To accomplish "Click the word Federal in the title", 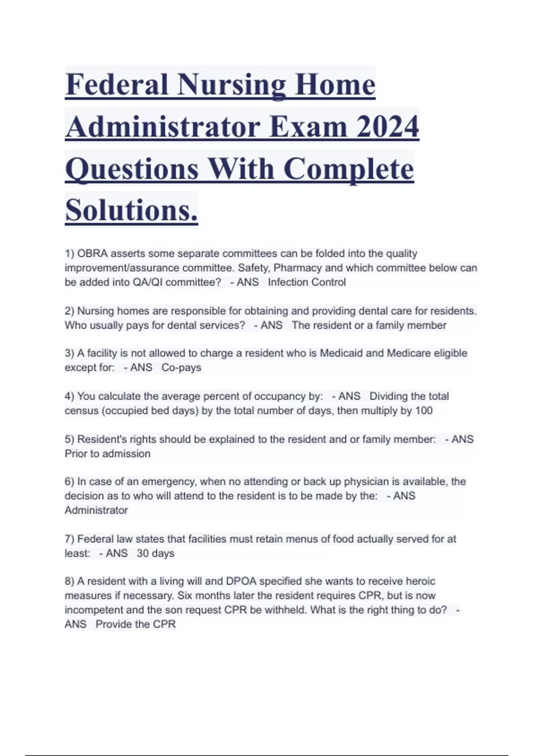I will pos(117,85).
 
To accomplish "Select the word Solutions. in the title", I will pos(131,210).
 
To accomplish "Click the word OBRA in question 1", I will pos(92,253).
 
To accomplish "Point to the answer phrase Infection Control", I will pos(307,282).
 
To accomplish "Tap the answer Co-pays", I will pos(181,368).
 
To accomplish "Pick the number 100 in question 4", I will pos(424,410).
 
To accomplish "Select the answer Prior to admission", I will pos(108,454).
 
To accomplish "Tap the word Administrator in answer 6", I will pos(96,510).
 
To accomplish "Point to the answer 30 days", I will pos(155,553).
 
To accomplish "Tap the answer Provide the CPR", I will pos(136,624).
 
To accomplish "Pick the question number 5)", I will pos(69,439).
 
